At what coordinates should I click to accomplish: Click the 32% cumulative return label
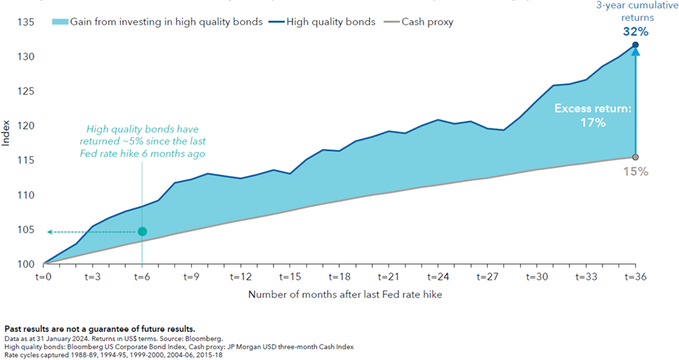[x=636, y=31]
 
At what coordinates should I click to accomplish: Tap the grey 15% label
[x=636, y=171]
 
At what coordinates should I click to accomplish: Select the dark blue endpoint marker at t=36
[x=636, y=45]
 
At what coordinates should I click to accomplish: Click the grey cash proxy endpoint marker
[x=636, y=157]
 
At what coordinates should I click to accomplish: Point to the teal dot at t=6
[x=142, y=232]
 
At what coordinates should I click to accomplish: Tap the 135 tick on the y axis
[x=25, y=23]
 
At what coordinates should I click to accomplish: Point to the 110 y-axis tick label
[x=25, y=195]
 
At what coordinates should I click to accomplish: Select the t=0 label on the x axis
[x=43, y=276]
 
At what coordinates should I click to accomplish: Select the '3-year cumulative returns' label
[x=636, y=11]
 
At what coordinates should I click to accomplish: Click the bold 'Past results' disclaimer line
[x=100, y=329]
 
